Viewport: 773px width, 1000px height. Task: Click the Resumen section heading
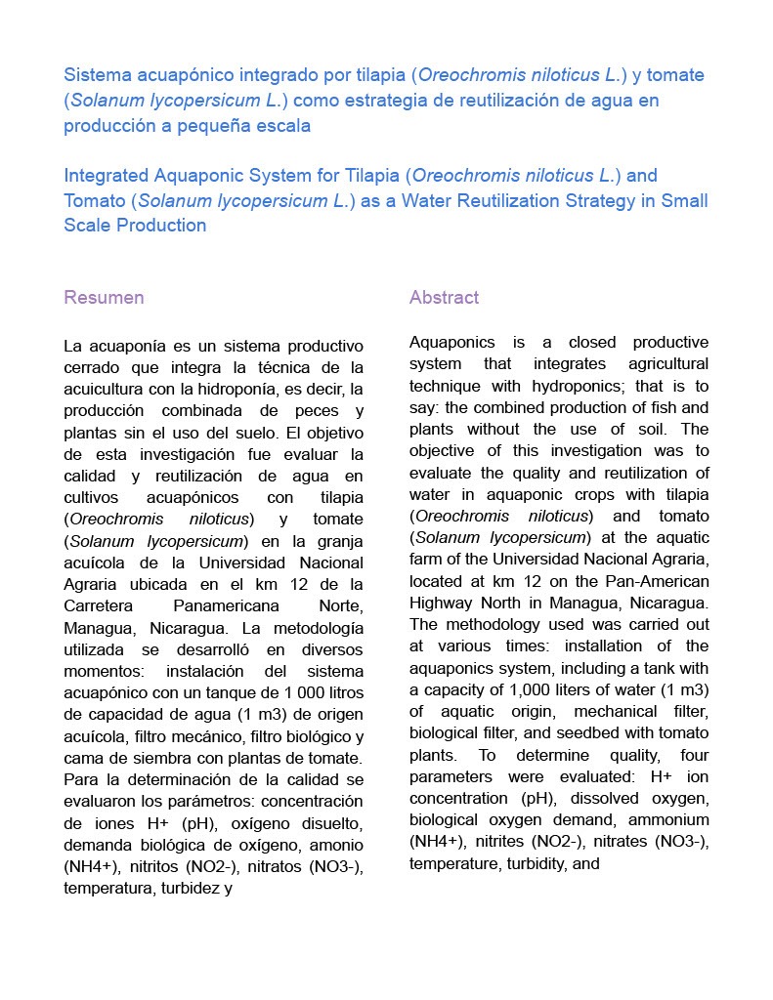click(104, 298)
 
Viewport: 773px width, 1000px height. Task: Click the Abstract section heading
click(444, 298)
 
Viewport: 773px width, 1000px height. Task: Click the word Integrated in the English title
click(106, 176)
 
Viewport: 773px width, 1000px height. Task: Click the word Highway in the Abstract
click(442, 603)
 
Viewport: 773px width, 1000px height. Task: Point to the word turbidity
click(537, 864)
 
